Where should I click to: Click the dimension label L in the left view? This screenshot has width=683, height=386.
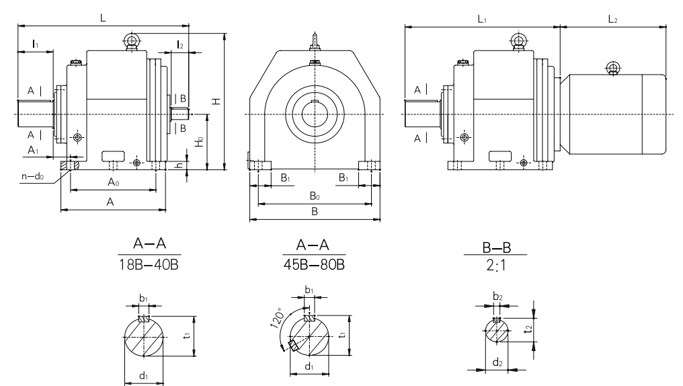[x=102, y=20]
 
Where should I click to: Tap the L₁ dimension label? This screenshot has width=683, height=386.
[x=482, y=20]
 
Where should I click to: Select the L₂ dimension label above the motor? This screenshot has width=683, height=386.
[x=612, y=20]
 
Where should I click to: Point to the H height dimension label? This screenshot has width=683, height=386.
[x=215, y=101]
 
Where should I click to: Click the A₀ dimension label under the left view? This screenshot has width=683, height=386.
[x=114, y=182]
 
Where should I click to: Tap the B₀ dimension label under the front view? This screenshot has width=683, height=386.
[x=314, y=197]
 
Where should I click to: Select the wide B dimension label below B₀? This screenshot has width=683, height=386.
[x=314, y=212]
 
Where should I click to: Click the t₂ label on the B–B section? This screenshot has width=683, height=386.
[x=529, y=329]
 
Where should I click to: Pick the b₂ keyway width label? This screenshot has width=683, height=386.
[x=497, y=295]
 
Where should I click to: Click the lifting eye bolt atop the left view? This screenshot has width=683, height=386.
[x=130, y=41]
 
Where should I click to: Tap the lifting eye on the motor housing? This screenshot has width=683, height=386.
[x=612, y=67]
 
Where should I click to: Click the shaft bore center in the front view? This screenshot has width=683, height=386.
[x=314, y=113]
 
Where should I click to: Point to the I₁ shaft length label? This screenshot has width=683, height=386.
[x=35, y=44]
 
